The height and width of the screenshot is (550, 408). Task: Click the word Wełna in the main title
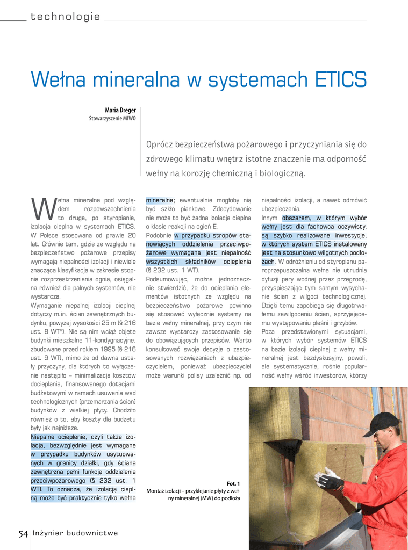[x=57, y=80]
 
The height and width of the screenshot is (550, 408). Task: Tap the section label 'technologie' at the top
[x=65, y=17]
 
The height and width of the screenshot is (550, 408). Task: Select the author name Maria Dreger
[x=120, y=110]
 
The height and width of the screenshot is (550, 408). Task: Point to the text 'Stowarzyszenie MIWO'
[x=112, y=118]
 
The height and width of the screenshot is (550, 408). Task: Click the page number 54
[x=23, y=533]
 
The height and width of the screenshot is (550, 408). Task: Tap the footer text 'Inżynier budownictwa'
[x=75, y=533]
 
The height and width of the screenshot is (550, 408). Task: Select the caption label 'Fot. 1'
[x=233, y=483]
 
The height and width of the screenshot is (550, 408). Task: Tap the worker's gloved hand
[x=328, y=479]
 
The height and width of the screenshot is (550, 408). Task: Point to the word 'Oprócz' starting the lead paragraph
[x=160, y=144]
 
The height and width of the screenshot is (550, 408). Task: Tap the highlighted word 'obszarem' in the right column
[x=297, y=218]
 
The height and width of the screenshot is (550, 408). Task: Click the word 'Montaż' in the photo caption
[x=157, y=491]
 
